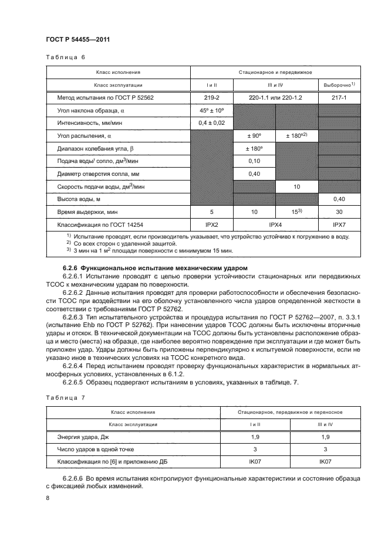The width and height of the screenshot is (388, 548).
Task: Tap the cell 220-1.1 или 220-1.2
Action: point(275,97)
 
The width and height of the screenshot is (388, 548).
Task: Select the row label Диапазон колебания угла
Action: point(96,148)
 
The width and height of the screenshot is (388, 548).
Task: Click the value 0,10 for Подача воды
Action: point(254,161)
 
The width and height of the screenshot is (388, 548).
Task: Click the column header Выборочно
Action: point(339,85)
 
